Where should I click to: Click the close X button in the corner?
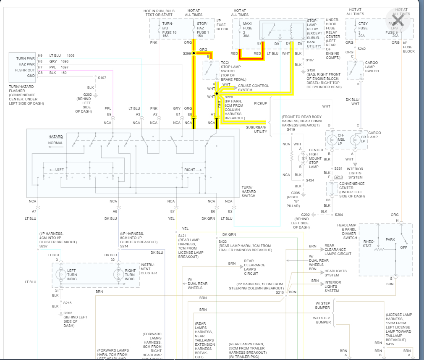[x=398, y=20]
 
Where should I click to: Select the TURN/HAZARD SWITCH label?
[x=248, y=192]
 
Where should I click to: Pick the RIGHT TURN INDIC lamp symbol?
[x=118, y=275]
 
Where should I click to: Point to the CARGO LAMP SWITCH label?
[x=371, y=67]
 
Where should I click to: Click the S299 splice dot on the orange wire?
[x=194, y=53]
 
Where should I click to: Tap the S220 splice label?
[x=228, y=97]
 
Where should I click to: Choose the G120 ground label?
[x=311, y=70]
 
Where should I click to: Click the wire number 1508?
[x=71, y=55]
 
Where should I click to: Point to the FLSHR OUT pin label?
[x=25, y=70]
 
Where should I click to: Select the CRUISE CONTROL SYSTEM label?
[x=253, y=88]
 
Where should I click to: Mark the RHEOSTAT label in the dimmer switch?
[x=367, y=243]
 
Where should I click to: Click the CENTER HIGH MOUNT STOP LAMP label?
[x=316, y=158]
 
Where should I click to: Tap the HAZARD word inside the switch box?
[x=56, y=137]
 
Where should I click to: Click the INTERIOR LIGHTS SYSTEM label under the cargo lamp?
[x=355, y=173]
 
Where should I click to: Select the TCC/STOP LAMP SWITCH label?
[x=230, y=70]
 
